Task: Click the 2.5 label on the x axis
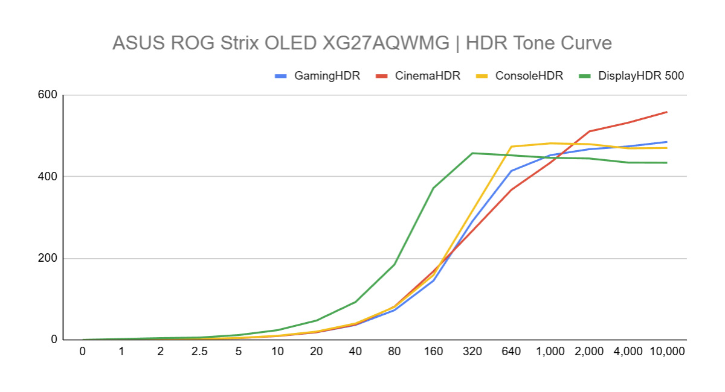199,352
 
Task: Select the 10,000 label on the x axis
666,352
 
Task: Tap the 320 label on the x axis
472,352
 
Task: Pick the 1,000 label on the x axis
550,352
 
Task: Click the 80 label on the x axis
395,352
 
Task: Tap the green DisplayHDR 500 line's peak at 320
472,153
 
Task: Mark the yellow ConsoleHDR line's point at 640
511,147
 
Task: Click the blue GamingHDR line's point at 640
511,171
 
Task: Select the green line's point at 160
433,188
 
